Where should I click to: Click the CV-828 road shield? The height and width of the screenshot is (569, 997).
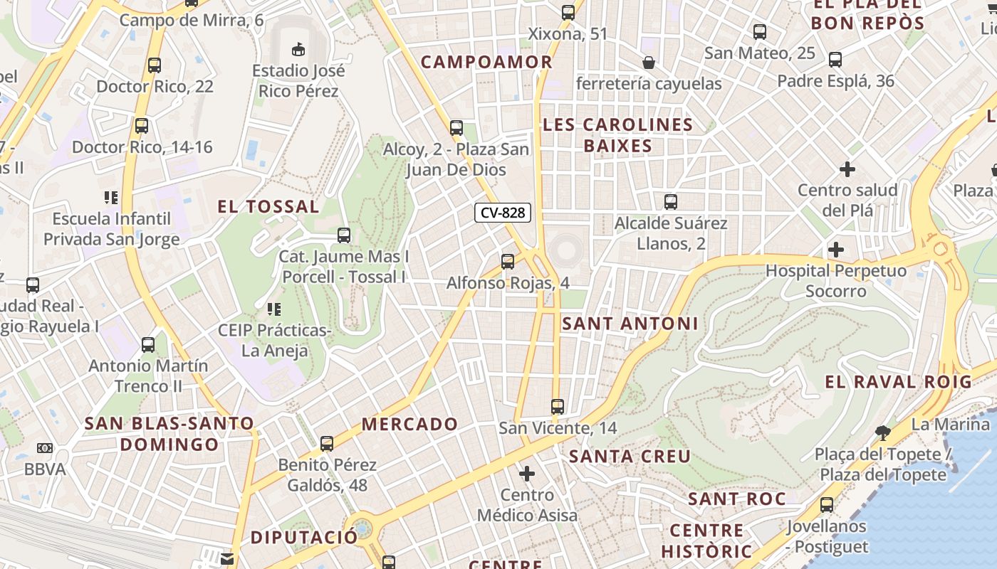click(503, 213)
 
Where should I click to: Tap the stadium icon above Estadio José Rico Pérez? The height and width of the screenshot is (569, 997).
click(298, 49)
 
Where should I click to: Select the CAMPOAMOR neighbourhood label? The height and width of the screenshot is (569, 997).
click(486, 62)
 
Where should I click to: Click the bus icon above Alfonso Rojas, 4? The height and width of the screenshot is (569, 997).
click(508, 261)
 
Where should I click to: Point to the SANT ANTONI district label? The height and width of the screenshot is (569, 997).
click(630, 324)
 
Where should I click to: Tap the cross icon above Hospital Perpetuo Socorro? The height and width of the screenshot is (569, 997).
click(836, 250)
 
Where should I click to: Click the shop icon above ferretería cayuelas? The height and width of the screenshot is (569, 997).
click(649, 63)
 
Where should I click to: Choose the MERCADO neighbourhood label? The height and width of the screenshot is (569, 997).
click(410, 424)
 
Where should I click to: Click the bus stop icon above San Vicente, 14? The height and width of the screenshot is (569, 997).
click(558, 407)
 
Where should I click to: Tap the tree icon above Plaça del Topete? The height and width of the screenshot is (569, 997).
click(882, 432)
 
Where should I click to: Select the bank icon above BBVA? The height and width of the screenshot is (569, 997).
click(45, 448)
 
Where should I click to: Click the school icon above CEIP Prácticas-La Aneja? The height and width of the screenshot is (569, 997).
click(273, 309)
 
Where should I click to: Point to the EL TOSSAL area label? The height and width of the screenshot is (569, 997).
click(268, 207)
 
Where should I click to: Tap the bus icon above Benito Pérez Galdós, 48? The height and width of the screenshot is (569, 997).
click(327, 444)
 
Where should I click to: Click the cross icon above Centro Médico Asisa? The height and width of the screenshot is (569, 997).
click(527, 473)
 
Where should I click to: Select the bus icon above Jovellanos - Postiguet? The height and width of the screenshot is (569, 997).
click(827, 505)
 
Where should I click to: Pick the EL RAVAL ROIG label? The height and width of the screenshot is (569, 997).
click(898, 381)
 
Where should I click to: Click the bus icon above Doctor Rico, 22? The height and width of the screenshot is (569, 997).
click(155, 65)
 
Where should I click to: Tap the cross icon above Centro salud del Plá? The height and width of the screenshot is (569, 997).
click(847, 169)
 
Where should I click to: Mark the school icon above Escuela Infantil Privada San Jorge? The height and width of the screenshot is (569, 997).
click(111, 197)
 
